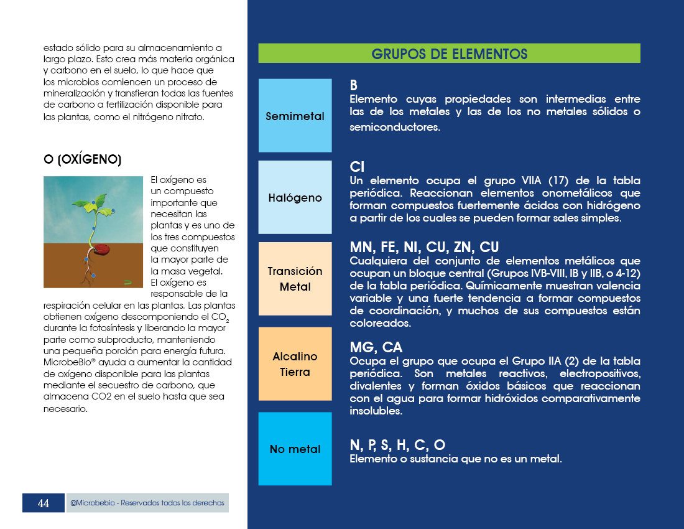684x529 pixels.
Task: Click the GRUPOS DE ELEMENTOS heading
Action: click(x=449, y=54)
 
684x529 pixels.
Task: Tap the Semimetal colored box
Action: click(x=295, y=116)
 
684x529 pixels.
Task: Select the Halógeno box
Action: click(x=295, y=197)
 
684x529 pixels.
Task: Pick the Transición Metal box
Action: click(x=295, y=279)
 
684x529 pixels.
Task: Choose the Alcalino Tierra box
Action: click(x=295, y=364)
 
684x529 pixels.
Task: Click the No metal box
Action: click(x=295, y=449)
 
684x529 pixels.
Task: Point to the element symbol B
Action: click(x=354, y=85)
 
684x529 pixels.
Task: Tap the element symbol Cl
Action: click(x=357, y=167)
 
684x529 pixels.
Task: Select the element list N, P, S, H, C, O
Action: click(x=397, y=445)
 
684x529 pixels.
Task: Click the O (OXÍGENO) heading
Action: click(x=82, y=160)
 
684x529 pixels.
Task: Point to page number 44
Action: click(x=44, y=503)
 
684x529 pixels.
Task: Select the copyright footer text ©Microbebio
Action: click(x=147, y=503)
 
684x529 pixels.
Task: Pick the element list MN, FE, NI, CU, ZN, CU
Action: click(x=424, y=247)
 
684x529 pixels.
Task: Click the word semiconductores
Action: click(x=395, y=127)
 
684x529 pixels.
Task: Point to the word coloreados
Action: click(x=379, y=324)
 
